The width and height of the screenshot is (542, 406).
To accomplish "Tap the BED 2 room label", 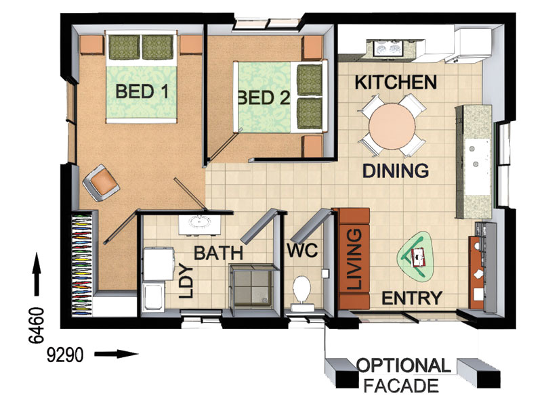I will [x=264, y=97].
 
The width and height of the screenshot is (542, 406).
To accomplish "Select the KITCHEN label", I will [x=396, y=83].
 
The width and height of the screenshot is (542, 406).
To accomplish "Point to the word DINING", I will [x=396, y=170].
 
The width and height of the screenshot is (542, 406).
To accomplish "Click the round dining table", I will [x=392, y=126].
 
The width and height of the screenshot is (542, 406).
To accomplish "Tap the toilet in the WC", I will [x=301, y=290].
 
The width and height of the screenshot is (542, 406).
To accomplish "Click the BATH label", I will [x=218, y=254].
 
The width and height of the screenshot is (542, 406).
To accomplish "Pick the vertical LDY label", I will [x=188, y=281].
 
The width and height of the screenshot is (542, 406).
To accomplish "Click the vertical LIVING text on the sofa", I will [x=352, y=259].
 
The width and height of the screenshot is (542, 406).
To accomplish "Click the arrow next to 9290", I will [x=116, y=353].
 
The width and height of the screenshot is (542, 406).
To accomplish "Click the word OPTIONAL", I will [x=403, y=366].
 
